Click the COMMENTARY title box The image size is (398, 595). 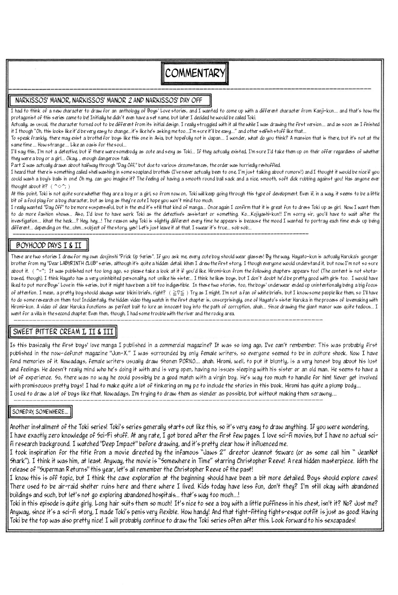click(x=195, y=73)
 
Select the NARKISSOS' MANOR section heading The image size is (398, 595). click(x=110, y=101)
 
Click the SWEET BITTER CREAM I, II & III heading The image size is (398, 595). click(x=63, y=331)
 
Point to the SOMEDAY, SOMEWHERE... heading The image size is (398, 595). click(x=40, y=411)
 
